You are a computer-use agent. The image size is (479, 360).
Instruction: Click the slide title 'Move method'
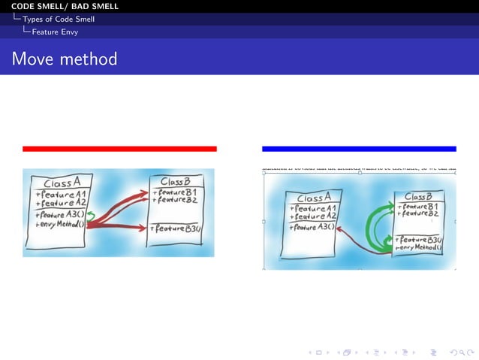tap(65, 59)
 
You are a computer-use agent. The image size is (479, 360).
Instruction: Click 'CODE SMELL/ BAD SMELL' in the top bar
tap(65, 6)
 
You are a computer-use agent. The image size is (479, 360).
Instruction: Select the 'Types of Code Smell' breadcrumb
tap(59, 19)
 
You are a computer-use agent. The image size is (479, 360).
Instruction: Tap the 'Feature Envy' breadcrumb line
tap(55, 32)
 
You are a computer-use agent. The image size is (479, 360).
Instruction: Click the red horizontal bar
tap(119, 149)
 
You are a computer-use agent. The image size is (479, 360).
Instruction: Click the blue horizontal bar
tap(359, 149)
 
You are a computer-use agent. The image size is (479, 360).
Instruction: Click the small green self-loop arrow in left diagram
tap(90, 216)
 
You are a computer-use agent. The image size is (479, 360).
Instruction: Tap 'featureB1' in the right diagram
tap(418, 207)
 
